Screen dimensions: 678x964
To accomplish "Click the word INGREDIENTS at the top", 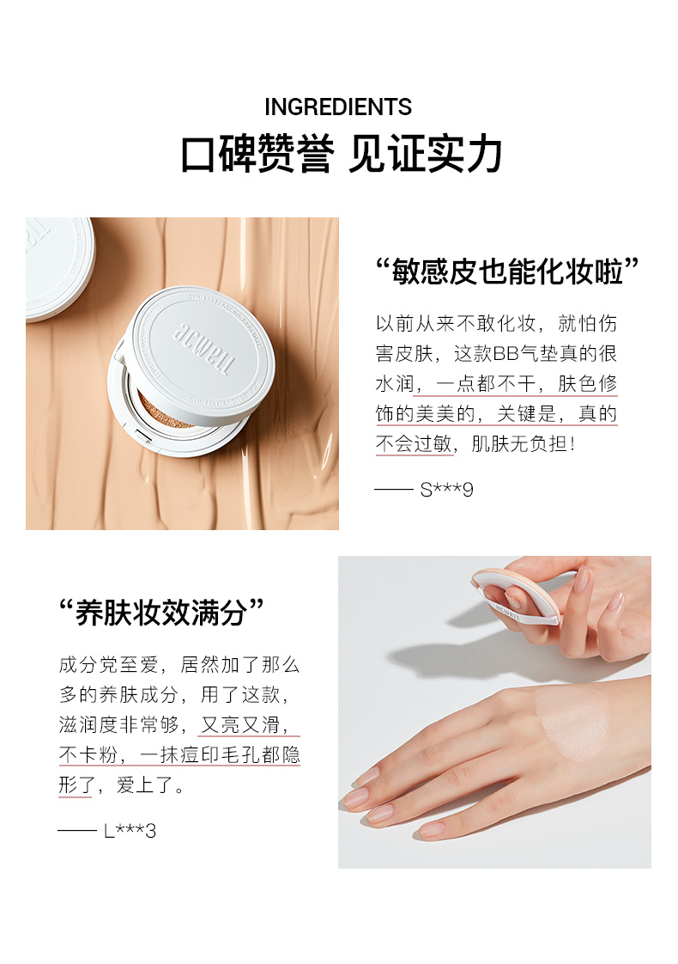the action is [338, 107].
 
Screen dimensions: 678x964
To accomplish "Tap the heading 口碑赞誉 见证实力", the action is [341, 153].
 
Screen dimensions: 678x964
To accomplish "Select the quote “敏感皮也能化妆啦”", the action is [507, 272].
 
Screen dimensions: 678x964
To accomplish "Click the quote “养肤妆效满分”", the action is [161, 613].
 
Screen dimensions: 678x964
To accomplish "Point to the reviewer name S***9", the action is [446, 490].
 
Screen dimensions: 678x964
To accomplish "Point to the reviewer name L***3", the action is [130, 831].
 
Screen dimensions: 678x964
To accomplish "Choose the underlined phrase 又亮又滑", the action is [240, 725].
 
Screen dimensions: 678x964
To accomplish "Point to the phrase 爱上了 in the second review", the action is [144, 785].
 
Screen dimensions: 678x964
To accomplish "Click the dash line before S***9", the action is [394, 490].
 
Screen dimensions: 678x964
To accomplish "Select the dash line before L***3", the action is [77, 831].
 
